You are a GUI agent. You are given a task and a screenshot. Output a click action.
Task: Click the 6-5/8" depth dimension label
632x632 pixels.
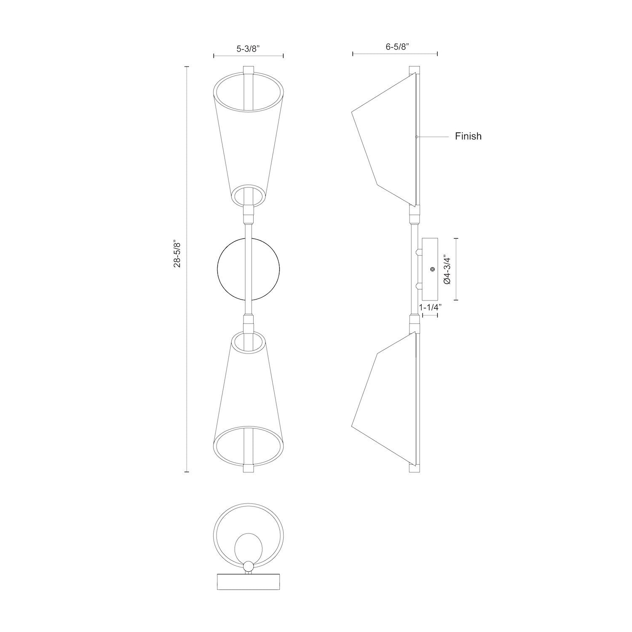coord(396,47)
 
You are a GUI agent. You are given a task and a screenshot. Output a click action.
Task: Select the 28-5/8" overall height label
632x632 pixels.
coord(177,254)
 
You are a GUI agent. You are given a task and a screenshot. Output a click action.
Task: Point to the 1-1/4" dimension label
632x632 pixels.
coord(429,308)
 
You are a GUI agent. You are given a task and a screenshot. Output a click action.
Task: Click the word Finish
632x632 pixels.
coord(468,136)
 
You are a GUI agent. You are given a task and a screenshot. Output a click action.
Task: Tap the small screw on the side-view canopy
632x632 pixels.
coord(431,269)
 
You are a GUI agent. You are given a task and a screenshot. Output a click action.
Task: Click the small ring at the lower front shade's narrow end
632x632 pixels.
coord(249,342)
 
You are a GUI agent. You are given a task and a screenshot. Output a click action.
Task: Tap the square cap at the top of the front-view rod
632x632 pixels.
coord(249,70)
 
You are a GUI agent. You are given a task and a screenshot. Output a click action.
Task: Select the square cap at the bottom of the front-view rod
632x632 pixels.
coord(249,468)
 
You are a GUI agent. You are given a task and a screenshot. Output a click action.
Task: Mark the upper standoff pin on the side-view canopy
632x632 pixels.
coord(418,252)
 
